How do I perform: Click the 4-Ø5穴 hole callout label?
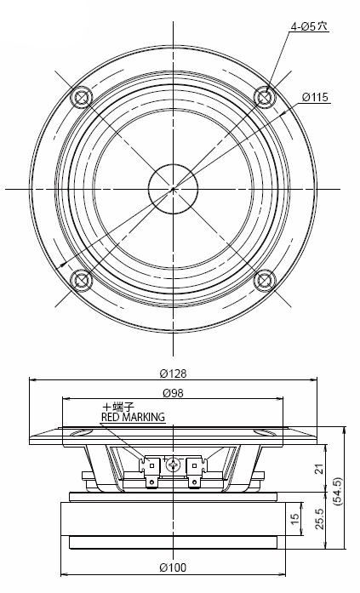coord(309,26)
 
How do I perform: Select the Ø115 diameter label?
coord(315,97)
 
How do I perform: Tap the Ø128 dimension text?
coord(174,373)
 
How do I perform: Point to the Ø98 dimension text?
coord(174,392)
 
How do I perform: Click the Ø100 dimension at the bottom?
coord(174,567)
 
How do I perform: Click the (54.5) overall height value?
coord(340,494)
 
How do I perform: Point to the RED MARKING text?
coord(133,417)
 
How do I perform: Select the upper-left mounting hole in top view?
coord(82,97)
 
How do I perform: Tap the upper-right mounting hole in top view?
coord(265,97)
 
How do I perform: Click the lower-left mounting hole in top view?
coord(82,279)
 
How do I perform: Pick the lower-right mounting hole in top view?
coord(265,279)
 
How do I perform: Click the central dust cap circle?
coord(173,188)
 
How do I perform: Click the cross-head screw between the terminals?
coord(174,465)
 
